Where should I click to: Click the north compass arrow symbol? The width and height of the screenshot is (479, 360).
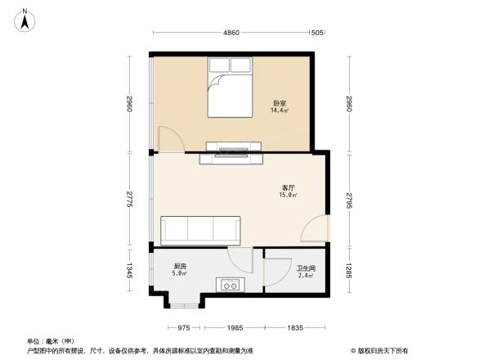(25, 18)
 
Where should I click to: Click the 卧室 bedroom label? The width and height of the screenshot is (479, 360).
(280, 103)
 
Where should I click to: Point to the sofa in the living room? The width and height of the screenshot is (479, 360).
(200, 231)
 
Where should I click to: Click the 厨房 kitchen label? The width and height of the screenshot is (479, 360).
(179, 267)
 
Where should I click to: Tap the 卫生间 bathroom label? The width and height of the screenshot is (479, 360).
(306, 268)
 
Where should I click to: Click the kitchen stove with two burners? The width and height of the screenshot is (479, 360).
(229, 286)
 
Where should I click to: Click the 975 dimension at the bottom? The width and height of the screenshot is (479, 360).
(184, 327)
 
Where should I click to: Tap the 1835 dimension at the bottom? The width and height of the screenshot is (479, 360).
(295, 327)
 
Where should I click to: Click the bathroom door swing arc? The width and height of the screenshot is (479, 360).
(276, 270)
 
